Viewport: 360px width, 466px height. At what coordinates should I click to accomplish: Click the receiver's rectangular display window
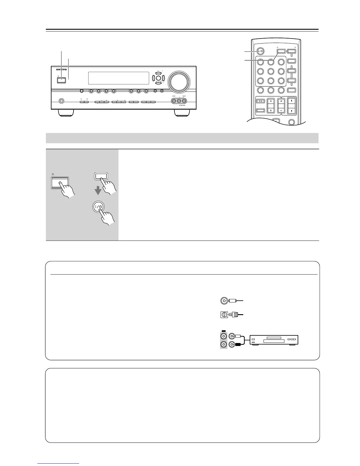118,78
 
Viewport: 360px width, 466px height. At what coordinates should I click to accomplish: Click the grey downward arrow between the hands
98,191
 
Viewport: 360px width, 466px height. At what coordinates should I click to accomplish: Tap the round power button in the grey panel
99,207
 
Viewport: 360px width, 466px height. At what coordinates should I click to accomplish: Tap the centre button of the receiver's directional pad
158,78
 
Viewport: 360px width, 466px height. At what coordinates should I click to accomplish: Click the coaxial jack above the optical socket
224,301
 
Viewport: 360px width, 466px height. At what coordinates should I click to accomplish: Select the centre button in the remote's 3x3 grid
271,71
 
